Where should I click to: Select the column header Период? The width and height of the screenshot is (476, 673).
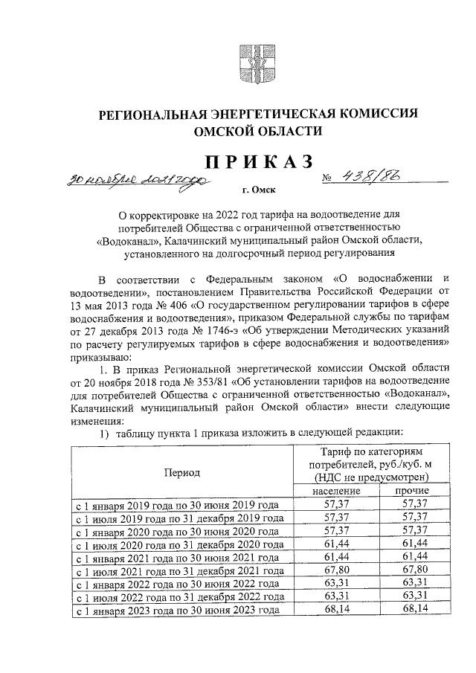tap(181, 471)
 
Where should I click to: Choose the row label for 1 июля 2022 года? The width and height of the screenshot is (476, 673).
tap(178, 597)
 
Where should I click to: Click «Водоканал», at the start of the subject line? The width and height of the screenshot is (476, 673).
tap(132, 241)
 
